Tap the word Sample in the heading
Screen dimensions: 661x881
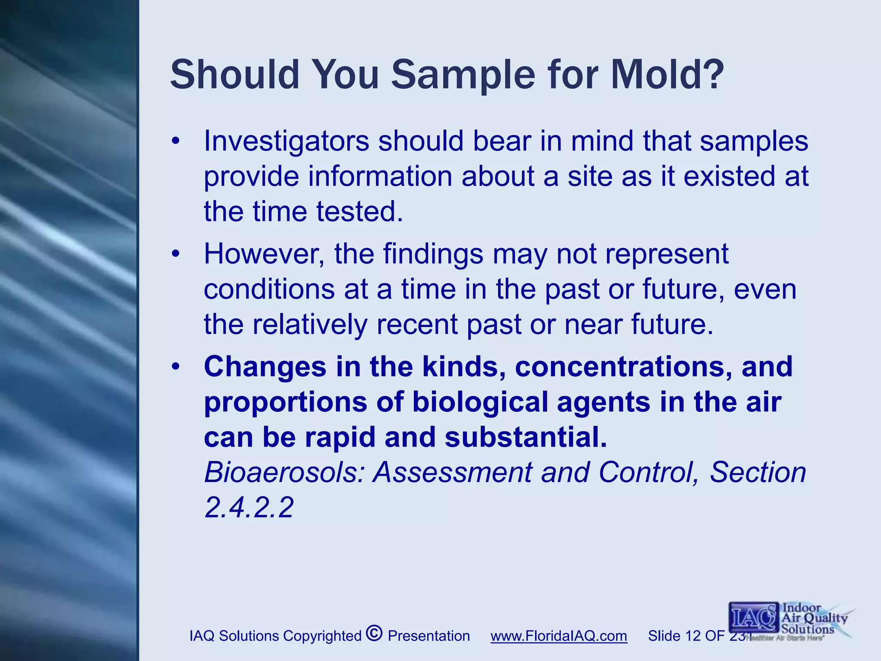(x=463, y=74)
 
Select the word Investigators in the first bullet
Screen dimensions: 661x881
(x=286, y=141)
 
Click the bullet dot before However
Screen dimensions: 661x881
(x=175, y=254)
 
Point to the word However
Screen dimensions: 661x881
(x=264, y=254)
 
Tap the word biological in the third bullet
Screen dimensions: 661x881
(x=480, y=402)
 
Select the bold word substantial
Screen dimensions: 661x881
(x=526, y=437)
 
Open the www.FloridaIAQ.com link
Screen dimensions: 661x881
(x=558, y=636)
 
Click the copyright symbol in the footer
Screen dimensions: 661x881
(x=374, y=633)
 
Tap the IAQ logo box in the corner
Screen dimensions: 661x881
(x=753, y=618)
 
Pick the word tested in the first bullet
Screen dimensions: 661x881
(x=360, y=212)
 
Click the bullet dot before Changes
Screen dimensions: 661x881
(x=175, y=367)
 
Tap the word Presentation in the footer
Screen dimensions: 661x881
(x=428, y=636)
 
